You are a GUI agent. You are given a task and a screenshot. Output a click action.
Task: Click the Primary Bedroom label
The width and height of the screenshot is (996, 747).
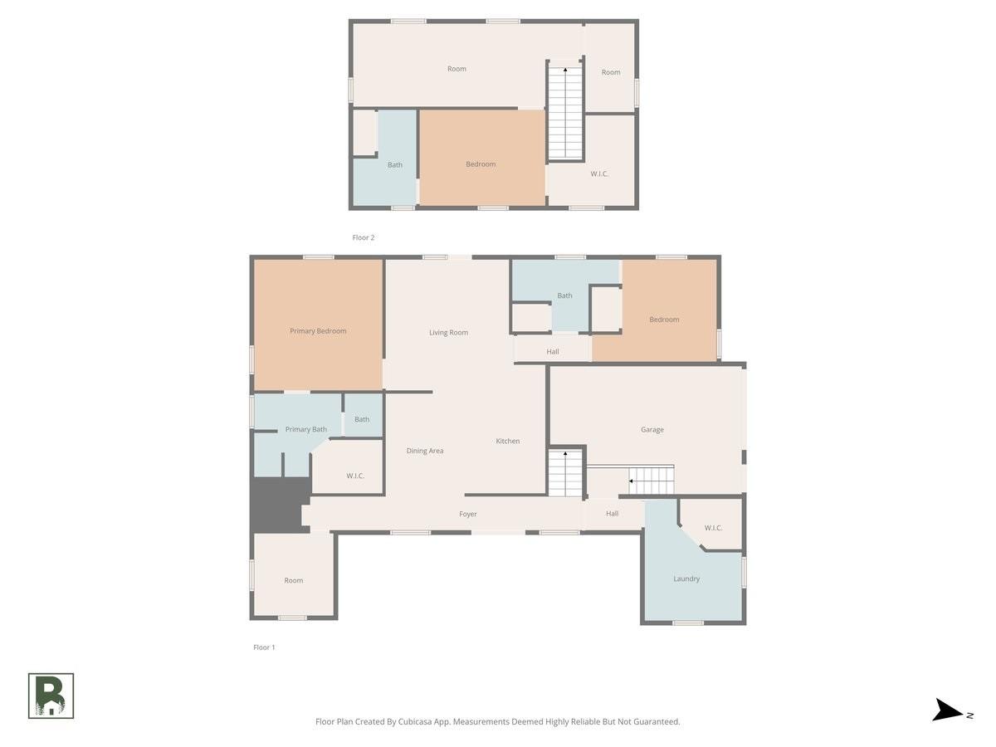pos(318,331)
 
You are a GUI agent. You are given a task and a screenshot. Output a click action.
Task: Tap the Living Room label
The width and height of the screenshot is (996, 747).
pos(448,333)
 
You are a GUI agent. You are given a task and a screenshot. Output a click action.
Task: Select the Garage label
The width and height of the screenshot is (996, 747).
pos(652,429)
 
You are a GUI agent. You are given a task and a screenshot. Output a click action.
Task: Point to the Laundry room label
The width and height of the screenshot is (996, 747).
pos(686,579)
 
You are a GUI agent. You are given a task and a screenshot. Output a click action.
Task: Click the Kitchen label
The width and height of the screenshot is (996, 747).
pos(507,441)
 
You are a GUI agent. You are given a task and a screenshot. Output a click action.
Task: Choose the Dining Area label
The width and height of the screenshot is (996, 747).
pos(425,451)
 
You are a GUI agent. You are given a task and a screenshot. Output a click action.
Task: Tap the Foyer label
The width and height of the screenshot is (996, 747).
pos(468,514)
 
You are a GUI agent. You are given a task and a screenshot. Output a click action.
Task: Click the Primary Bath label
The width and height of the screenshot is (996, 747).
pos(305,429)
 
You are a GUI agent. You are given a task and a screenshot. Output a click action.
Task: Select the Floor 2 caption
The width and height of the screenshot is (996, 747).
pos(364,237)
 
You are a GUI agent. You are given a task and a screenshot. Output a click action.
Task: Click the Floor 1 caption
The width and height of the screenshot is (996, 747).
pos(264,647)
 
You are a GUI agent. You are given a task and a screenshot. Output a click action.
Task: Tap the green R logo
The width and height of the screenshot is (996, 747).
pos(51,696)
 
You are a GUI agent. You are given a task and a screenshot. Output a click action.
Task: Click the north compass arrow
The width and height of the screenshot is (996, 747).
pos(948,710)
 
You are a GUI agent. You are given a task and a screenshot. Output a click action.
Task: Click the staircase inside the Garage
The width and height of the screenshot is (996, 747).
pos(652,481)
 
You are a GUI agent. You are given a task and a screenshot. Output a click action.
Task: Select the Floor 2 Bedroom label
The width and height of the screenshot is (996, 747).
pos(481,164)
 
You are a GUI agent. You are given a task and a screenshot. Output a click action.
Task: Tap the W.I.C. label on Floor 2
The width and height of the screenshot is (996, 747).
pos(599,173)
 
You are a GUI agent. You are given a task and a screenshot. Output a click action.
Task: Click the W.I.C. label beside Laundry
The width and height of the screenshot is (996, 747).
pos(713,528)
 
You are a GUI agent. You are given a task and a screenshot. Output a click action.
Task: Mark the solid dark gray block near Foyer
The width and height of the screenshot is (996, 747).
pos(279,505)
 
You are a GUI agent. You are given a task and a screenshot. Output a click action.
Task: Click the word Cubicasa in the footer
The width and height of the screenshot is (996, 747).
pos(415,721)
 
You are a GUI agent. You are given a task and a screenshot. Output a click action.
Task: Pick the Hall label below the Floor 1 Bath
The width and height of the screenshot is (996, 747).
pos(552,351)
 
